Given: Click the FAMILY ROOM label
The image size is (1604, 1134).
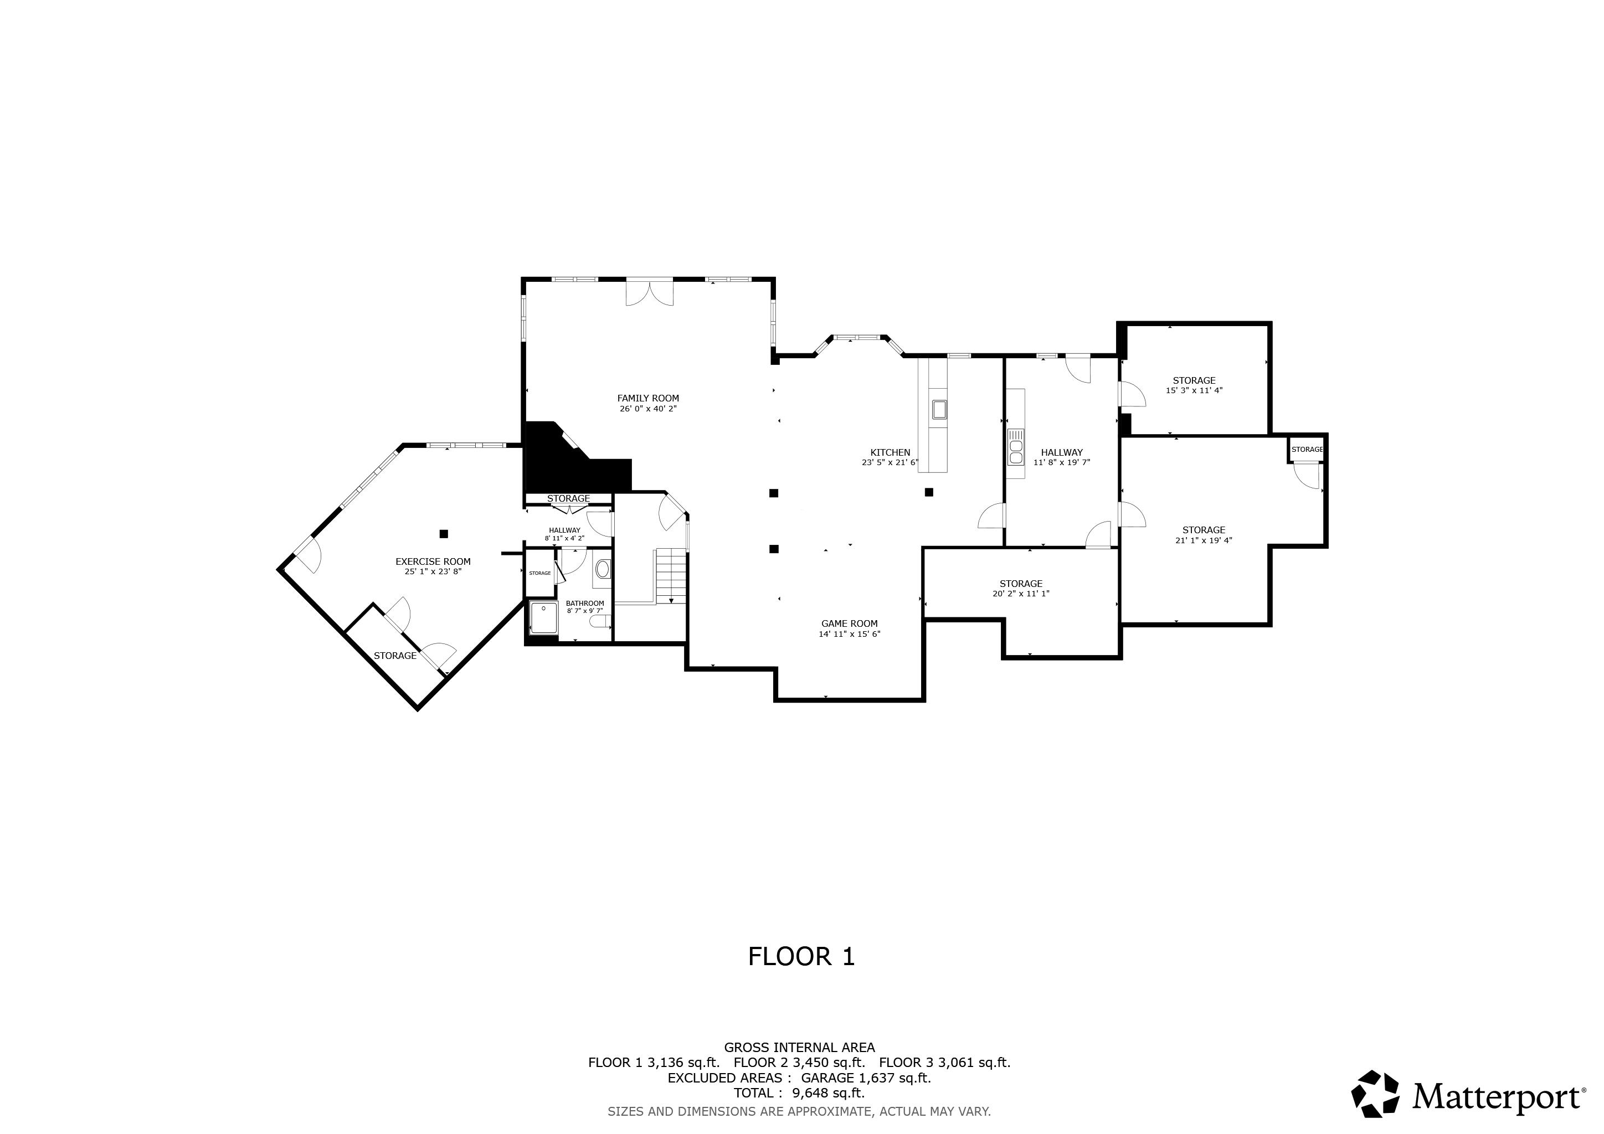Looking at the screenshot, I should point(647,399).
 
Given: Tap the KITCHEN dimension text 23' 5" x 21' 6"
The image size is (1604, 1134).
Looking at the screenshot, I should point(890,462).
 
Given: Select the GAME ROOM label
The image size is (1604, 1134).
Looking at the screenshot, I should point(849,623).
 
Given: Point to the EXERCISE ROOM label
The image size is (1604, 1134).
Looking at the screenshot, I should point(433,561).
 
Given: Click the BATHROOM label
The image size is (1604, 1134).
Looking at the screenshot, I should point(585,604).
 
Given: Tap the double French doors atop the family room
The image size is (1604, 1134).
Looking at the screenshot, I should point(650,292).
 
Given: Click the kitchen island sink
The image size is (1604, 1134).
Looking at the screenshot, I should point(939,409).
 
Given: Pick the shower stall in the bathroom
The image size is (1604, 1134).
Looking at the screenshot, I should point(543,618).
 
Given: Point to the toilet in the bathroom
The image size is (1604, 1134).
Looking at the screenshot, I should point(599,621).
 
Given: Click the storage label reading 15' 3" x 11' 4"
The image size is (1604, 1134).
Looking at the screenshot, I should point(1194,390).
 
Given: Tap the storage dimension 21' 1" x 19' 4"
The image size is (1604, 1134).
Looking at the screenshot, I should point(1203,540).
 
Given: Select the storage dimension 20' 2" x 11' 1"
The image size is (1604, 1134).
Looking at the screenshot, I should point(1021,594).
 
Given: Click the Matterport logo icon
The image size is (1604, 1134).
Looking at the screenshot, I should point(1375,1094).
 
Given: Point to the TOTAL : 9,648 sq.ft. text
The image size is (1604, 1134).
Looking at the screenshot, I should point(799,1093).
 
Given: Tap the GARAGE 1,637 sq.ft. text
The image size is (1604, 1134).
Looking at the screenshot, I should point(866,1078).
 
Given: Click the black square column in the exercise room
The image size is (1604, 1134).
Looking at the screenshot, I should point(443,534).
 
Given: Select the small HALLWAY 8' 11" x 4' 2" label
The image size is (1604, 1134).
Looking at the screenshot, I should point(564,534).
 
